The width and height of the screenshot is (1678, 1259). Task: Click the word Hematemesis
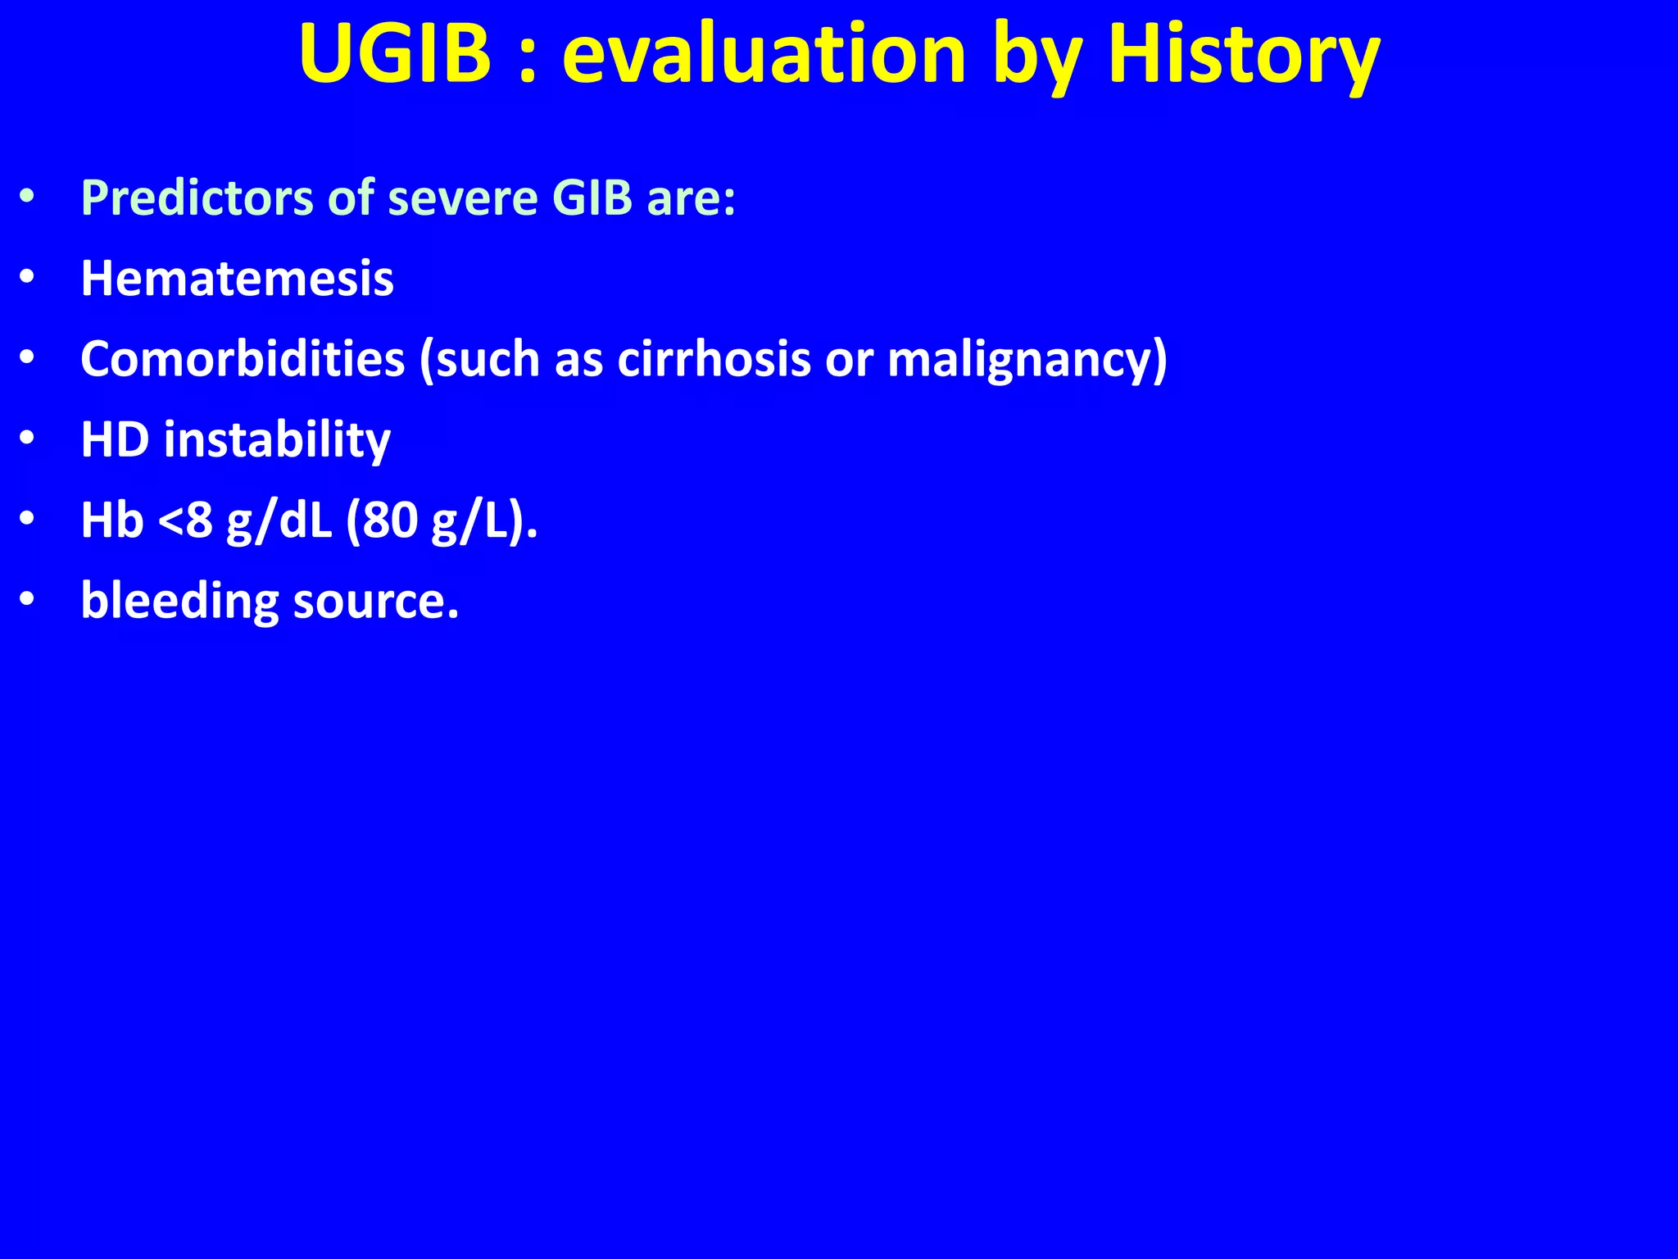(x=237, y=278)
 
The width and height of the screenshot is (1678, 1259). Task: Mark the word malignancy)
(x=1027, y=361)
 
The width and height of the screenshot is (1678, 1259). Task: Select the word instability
(x=277, y=441)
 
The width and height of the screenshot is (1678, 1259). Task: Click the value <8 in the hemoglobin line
(x=185, y=520)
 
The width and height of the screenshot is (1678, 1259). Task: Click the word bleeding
(x=179, y=601)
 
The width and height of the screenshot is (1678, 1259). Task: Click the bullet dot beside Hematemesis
(x=27, y=279)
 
